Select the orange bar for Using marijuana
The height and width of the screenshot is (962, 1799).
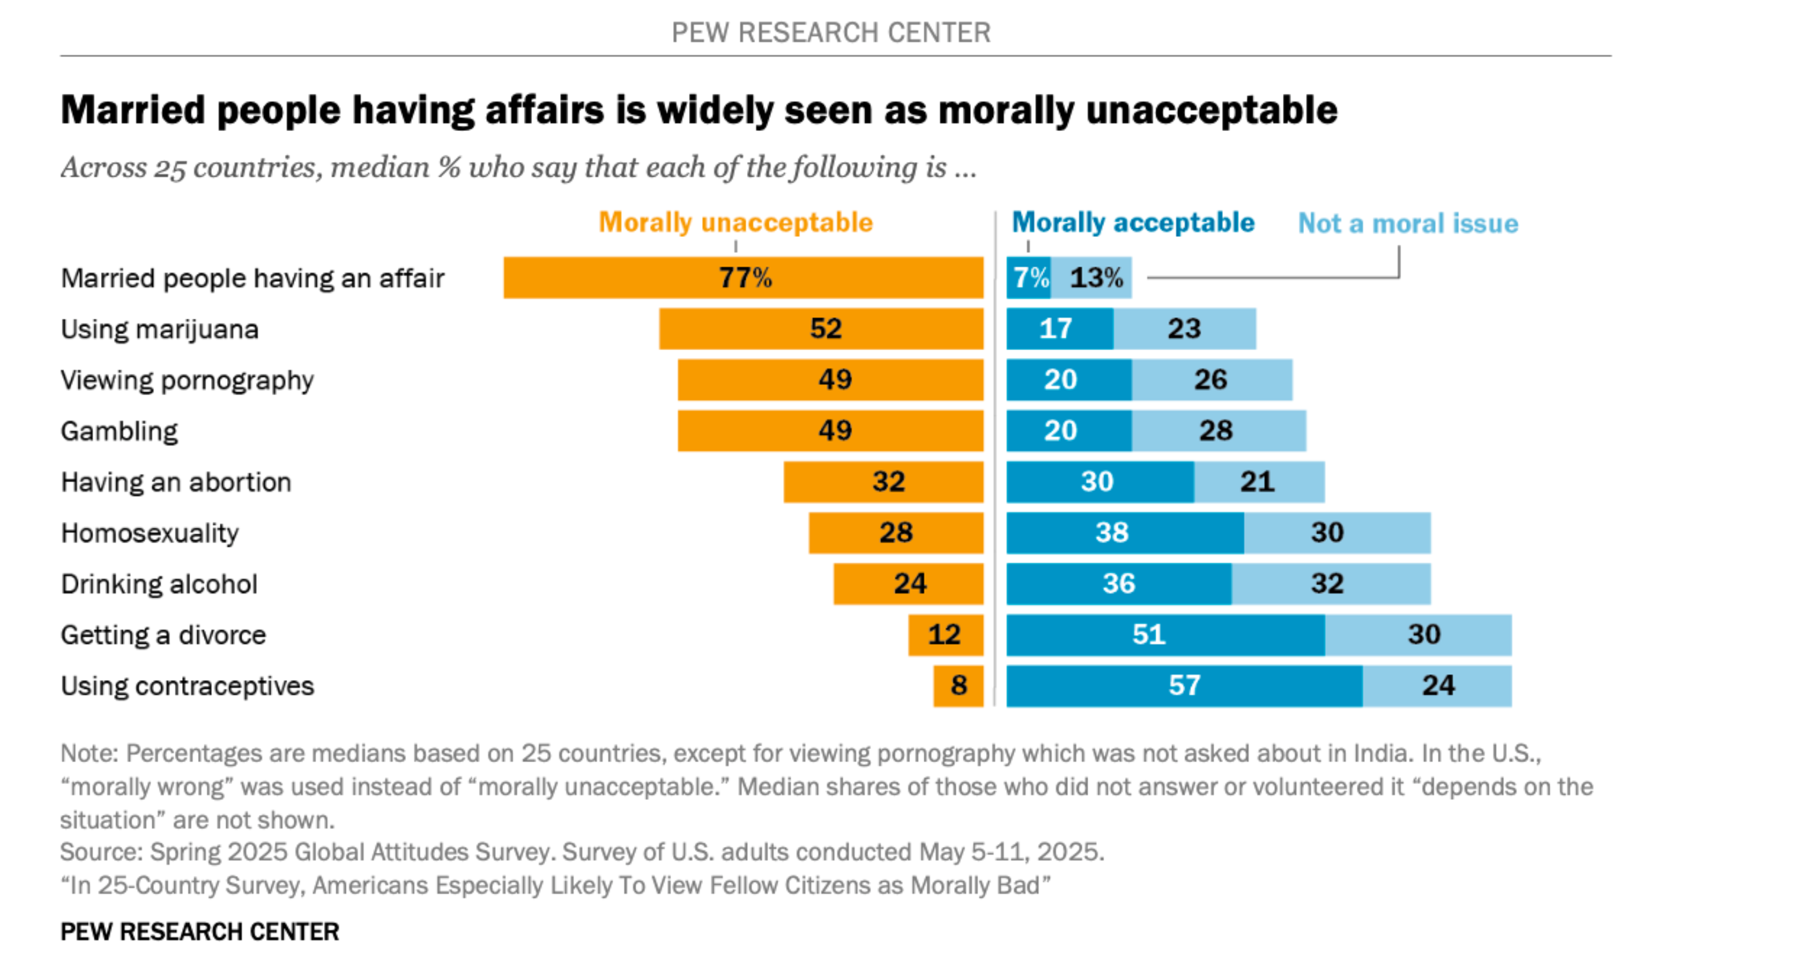821,329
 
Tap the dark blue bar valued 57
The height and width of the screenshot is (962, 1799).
1184,686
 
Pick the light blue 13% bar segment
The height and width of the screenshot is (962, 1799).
1092,278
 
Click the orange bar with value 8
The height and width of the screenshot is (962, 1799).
958,686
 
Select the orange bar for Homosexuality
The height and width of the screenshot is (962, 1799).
896,533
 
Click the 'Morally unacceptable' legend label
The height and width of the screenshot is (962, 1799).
736,223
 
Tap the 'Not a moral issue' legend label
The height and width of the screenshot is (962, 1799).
1407,224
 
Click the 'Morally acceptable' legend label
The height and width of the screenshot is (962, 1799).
1133,223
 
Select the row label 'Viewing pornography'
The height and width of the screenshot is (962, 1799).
187,381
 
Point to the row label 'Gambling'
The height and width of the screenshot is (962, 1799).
119,432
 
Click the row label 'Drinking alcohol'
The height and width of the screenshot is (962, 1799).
159,584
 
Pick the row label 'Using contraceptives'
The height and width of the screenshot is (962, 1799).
187,686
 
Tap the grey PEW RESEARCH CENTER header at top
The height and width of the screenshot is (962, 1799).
831,33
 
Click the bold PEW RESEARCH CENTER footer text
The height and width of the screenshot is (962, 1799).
200,932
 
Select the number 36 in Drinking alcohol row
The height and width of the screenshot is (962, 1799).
1118,584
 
